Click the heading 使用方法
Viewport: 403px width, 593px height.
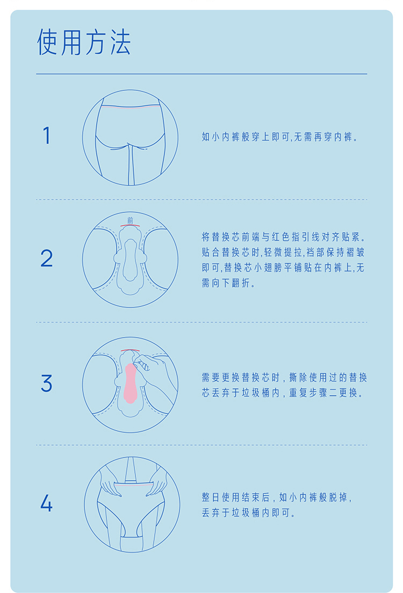83,42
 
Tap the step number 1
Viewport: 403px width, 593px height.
47,135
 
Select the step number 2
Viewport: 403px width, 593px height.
47,258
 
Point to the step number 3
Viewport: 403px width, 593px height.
47,383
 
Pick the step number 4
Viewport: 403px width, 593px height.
46,503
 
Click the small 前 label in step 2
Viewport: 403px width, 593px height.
131,220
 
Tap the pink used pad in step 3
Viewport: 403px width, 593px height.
130,383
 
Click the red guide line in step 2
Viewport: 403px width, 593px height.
131,225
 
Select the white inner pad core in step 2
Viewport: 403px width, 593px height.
130,260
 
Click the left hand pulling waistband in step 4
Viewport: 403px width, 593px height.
110,481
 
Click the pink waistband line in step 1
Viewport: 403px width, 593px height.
130,108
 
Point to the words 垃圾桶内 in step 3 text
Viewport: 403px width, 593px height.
261,393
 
